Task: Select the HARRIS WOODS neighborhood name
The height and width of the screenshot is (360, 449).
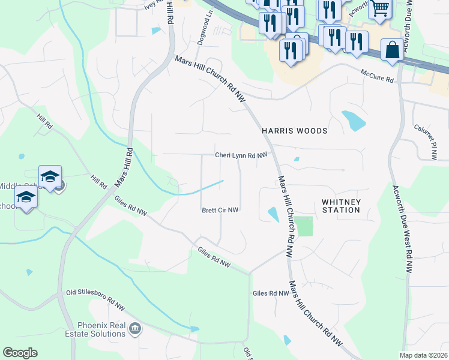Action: coord(294,130)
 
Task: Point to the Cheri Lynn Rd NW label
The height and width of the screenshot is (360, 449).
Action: coord(241,155)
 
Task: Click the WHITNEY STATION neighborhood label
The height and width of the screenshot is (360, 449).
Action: coord(341,206)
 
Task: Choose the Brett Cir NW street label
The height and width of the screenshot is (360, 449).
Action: coord(220,210)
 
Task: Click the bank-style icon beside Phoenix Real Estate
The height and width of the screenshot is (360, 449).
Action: coord(136,328)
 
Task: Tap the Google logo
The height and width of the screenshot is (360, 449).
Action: coord(19,353)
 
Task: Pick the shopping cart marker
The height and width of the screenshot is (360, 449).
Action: coord(379,8)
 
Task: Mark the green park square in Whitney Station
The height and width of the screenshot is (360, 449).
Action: coord(304,226)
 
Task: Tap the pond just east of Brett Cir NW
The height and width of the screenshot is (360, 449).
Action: coord(273,214)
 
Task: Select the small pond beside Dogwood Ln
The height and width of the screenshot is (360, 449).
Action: coord(157,31)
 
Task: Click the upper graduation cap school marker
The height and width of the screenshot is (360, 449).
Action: coord(50,176)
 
